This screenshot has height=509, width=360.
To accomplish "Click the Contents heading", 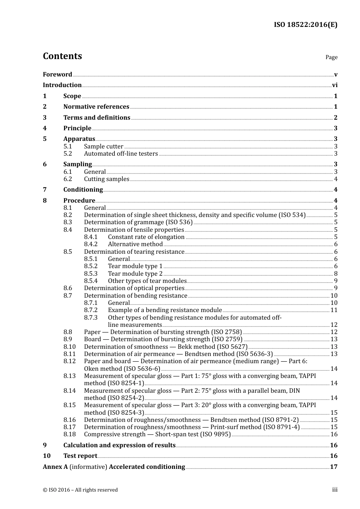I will (x=62, y=56).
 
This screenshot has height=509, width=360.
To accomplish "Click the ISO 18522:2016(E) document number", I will (x=305, y=25).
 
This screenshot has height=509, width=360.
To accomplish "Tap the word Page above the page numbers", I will (x=331, y=57).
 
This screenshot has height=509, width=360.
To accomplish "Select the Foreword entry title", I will (x=57, y=74).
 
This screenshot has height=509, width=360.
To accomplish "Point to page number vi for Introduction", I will (x=335, y=85).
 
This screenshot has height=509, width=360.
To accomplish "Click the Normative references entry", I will (x=96, y=107).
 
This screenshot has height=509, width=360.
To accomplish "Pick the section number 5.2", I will (x=67, y=154).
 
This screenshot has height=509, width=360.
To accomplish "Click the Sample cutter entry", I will (x=103, y=147).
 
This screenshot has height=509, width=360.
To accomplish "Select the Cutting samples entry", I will (x=106, y=179).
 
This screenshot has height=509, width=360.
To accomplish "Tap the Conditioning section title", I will (x=83, y=190).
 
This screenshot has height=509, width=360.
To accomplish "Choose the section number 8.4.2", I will (x=91, y=244).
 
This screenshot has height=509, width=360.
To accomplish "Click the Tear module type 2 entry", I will (x=135, y=273).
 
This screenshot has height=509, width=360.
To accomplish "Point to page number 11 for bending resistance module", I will (x=334, y=310).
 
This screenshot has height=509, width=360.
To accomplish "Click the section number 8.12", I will (x=69, y=361).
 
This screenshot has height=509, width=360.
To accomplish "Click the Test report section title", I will (x=80, y=456).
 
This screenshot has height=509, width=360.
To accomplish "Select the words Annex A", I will (x=55, y=467).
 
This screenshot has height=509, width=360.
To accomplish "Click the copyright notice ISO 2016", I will (x=80, y=490).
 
